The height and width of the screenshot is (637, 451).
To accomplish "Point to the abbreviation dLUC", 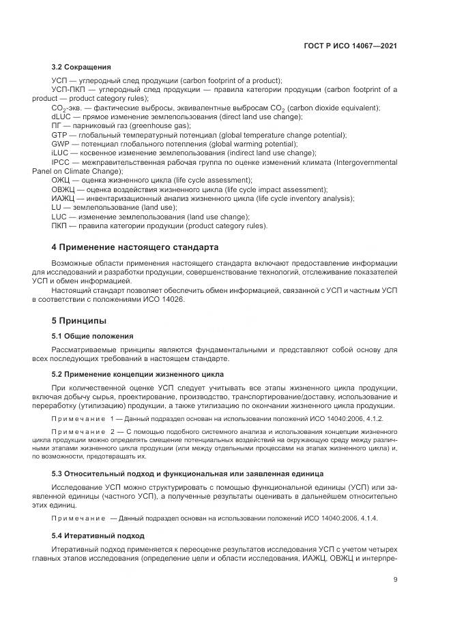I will point(61,117).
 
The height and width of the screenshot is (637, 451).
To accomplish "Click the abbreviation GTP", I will point(59,135).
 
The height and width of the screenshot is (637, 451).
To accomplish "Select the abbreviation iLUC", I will point(61,153).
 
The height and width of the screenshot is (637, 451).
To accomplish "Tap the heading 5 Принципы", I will point(79,320).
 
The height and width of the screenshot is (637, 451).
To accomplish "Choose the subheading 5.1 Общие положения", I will point(92,336).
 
